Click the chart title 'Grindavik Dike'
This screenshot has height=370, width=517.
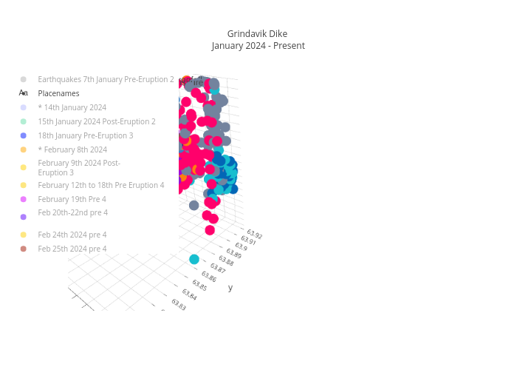[x=257, y=34]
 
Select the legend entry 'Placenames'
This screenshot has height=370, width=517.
[x=58, y=94]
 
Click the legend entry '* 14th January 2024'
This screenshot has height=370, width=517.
[x=72, y=108]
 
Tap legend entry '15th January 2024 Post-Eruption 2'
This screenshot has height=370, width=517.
[x=97, y=122]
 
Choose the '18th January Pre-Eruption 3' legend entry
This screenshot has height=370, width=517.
[x=85, y=136]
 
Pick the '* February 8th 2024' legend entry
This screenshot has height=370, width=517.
[x=72, y=150]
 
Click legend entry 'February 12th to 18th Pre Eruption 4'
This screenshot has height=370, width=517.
[x=101, y=186]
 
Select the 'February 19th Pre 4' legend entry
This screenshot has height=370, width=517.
[x=72, y=200]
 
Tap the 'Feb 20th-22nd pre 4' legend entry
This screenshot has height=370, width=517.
[x=72, y=213]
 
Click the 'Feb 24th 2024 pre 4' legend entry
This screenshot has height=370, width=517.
[x=72, y=235]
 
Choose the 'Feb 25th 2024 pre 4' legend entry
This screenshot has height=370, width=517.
[x=72, y=249]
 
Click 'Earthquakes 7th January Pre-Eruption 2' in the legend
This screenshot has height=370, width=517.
[x=106, y=79]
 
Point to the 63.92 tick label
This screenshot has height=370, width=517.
[x=255, y=235]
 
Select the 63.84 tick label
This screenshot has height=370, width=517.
[x=189, y=295]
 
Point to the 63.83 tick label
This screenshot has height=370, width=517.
[x=179, y=304]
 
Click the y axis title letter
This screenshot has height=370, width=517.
[x=230, y=288]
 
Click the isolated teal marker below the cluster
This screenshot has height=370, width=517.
[x=194, y=259]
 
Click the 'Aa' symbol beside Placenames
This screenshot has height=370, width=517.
[x=24, y=94]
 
